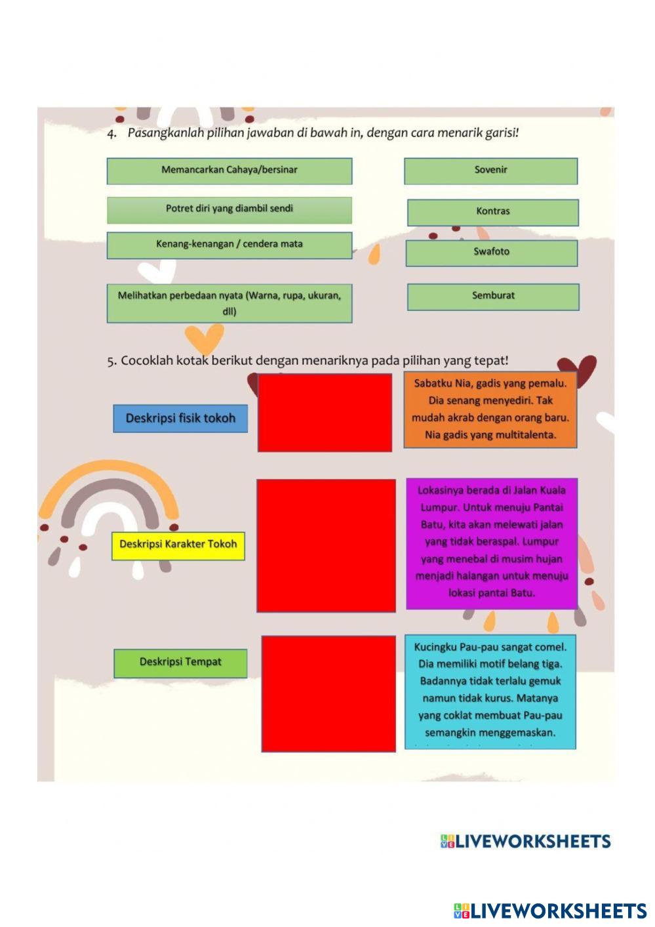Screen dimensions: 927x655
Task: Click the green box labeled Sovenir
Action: click(490, 171)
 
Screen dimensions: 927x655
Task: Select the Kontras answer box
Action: click(492, 212)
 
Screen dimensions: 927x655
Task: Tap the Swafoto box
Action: click(491, 253)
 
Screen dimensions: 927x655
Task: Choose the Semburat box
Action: click(493, 297)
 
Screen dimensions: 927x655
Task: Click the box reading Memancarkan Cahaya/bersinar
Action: click(229, 171)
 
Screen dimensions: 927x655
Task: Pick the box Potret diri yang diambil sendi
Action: click(229, 210)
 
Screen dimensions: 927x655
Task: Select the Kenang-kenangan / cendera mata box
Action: click(229, 245)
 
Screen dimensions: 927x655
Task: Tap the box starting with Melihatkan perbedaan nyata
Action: click(229, 303)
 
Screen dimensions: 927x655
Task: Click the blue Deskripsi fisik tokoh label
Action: click(180, 419)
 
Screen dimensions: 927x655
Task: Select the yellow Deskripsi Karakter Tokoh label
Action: click(178, 545)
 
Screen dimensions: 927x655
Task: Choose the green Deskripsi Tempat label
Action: click(180, 663)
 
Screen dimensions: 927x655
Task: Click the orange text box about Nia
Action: click(490, 410)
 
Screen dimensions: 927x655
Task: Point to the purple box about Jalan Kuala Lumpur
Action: click(492, 543)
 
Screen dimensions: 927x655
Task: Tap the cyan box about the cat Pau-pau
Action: click(490, 691)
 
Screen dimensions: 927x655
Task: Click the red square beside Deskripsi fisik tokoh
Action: click(325, 413)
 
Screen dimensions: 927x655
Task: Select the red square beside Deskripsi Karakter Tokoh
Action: click(326, 545)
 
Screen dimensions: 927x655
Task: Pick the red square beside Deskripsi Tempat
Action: click(328, 693)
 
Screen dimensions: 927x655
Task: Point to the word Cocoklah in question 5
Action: click(147, 361)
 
